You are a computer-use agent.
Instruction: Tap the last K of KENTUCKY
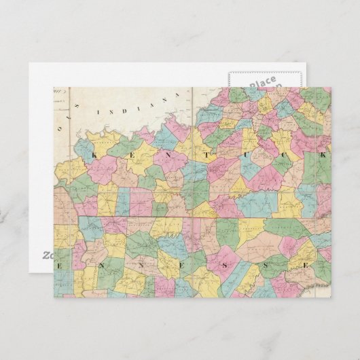coord(323,156)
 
